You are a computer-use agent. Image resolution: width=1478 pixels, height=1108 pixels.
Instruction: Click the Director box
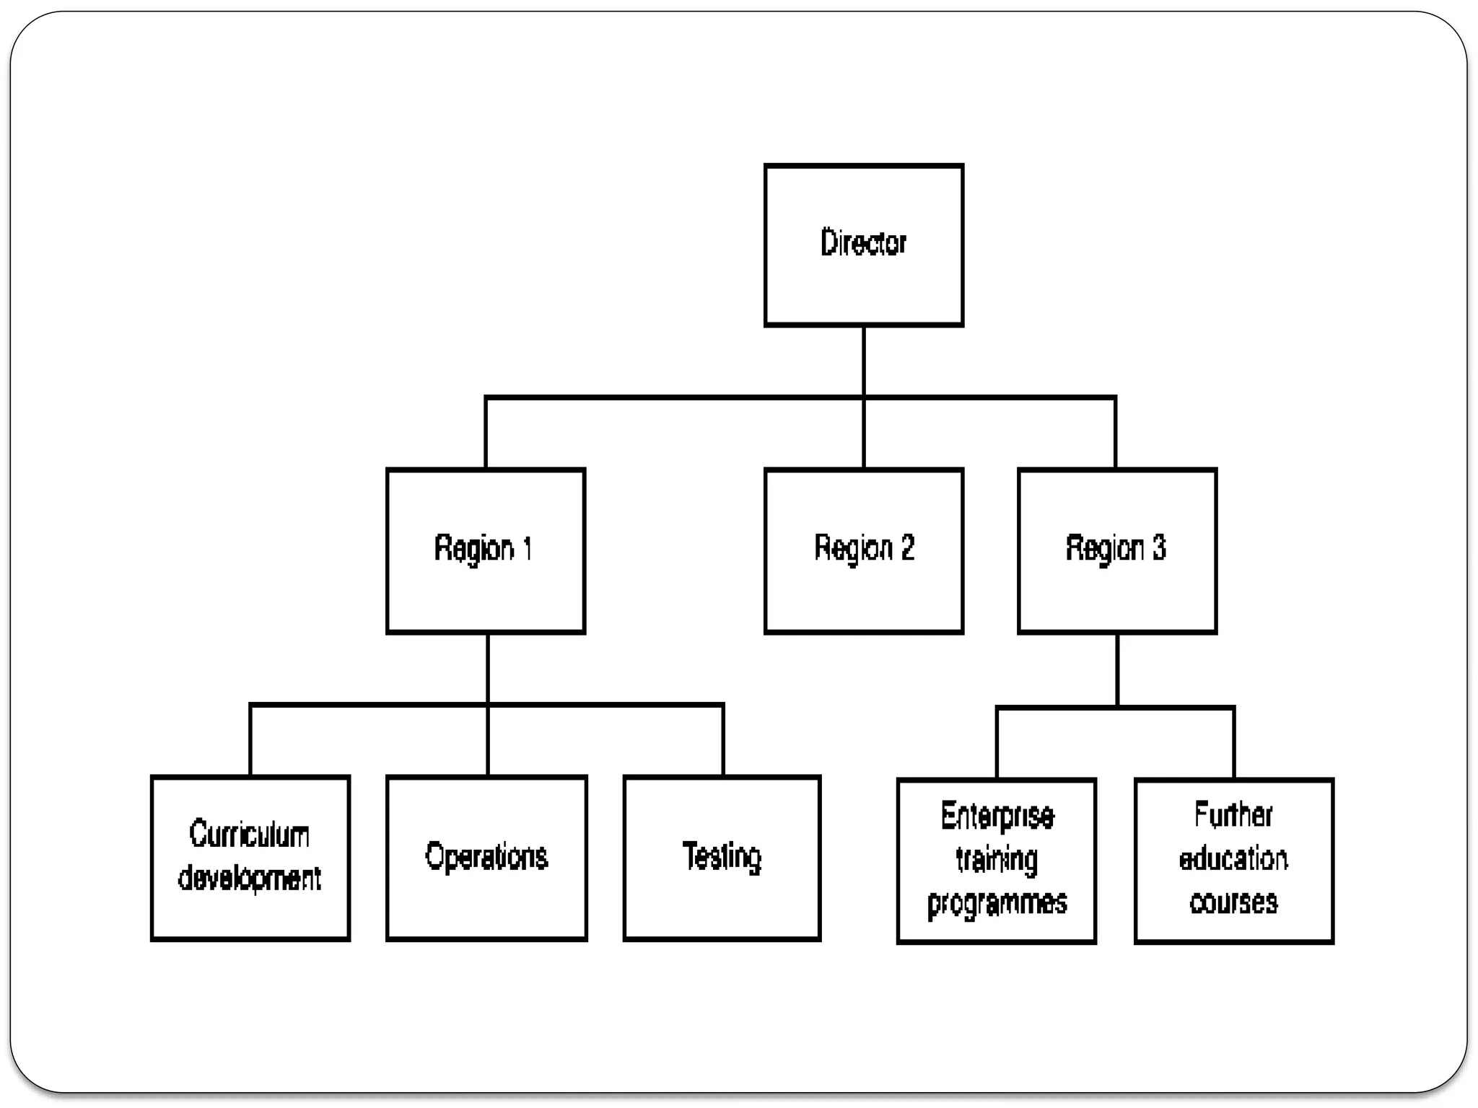coord(863,245)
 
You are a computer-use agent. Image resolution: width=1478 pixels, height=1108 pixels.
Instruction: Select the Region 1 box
coord(485,550)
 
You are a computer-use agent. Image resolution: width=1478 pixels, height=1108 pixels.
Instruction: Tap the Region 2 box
coord(863,550)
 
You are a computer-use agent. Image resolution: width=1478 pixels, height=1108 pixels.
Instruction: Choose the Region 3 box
coord(1116,550)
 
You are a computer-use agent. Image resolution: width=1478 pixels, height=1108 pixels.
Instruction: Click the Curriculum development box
coord(250,858)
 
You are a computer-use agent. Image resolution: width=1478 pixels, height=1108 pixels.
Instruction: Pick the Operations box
coord(486,858)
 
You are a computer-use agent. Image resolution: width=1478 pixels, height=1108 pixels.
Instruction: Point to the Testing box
coord(722,858)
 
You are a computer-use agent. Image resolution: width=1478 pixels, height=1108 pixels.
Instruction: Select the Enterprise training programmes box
coord(996,860)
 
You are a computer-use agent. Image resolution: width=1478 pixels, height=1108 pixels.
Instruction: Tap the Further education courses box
coord(1233,860)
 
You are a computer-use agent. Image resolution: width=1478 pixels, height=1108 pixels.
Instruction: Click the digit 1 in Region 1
coord(527,548)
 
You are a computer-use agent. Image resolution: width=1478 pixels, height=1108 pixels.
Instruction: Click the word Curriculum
coord(250,835)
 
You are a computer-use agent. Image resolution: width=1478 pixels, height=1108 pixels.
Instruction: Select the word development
coord(250,878)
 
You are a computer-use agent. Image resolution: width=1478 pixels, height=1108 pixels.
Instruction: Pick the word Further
coord(1233,815)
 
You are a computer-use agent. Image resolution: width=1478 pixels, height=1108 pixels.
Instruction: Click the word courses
coord(1233,902)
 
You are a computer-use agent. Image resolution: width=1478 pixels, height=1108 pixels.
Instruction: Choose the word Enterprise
coord(997,816)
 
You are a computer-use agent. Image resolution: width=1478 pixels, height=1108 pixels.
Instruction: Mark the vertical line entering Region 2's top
coord(864,433)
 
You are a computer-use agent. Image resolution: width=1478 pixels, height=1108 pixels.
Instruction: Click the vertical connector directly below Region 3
coord(1117,669)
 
